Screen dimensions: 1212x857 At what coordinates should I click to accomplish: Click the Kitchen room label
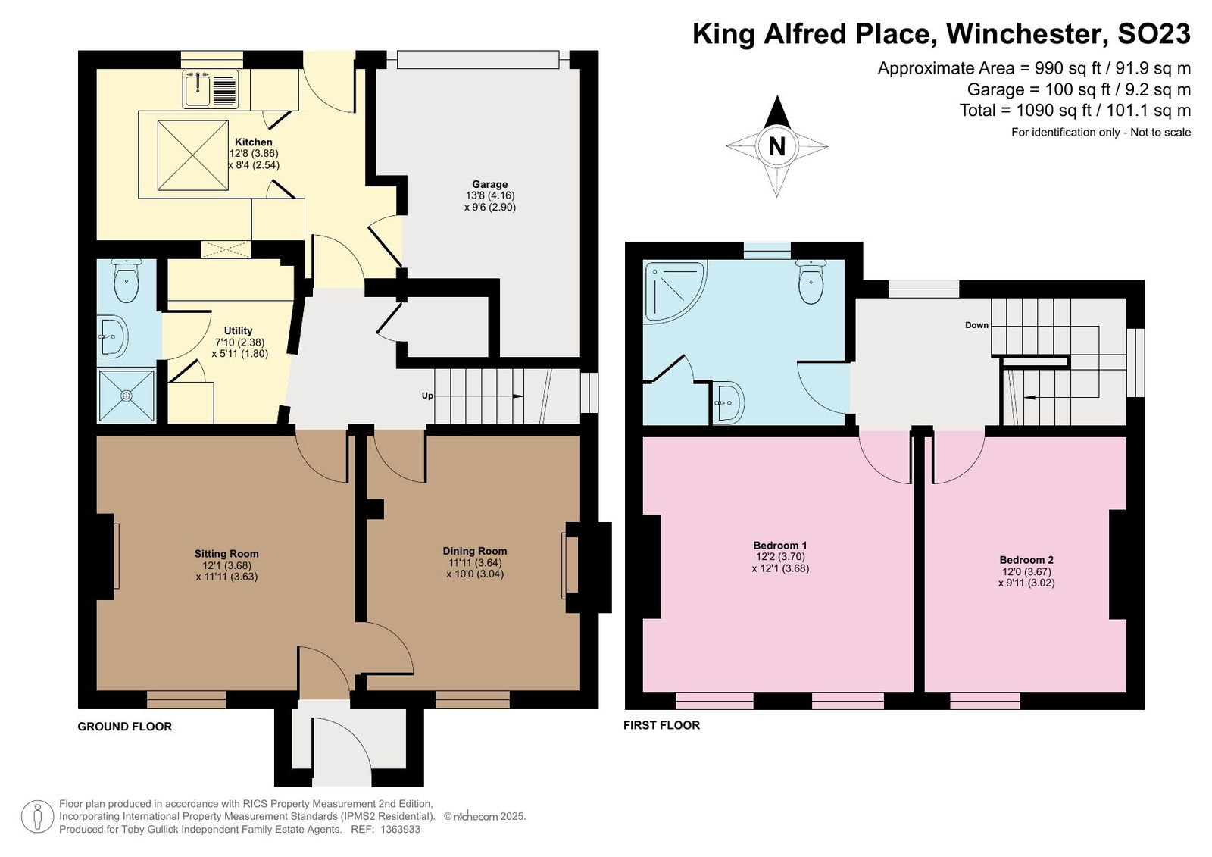click(253, 142)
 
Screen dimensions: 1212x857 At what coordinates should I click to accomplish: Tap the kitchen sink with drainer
click(211, 89)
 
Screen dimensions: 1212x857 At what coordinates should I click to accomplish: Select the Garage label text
click(489, 184)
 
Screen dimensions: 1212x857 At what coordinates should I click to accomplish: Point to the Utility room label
click(238, 331)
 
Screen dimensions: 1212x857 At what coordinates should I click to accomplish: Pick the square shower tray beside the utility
click(127, 396)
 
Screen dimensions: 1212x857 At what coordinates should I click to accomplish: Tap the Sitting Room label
click(226, 554)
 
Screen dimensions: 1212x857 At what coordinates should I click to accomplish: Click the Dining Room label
click(474, 551)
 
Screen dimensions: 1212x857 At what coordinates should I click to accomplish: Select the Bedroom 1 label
click(780, 545)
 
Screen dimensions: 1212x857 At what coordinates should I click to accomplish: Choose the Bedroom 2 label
click(1026, 560)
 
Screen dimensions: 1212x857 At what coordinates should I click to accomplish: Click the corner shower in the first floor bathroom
click(675, 292)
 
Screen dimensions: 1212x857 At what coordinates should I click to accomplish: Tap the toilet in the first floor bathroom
click(811, 282)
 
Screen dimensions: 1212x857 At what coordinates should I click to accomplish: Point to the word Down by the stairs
click(976, 325)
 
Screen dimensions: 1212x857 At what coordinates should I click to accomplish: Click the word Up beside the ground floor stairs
click(427, 396)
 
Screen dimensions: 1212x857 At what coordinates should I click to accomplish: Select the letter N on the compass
click(777, 146)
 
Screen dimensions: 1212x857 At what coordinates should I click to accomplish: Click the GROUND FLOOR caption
click(124, 727)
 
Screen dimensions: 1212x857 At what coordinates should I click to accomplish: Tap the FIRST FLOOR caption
click(661, 725)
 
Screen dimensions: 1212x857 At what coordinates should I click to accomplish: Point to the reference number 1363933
click(401, 830)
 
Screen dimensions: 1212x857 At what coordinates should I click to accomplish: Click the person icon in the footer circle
click(37, 817)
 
